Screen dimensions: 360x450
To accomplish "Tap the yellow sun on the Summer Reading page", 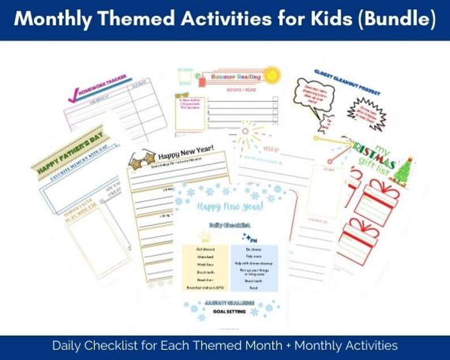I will click(x=271, y=74).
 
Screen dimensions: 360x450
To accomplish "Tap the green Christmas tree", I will click(x=404, y=170).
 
